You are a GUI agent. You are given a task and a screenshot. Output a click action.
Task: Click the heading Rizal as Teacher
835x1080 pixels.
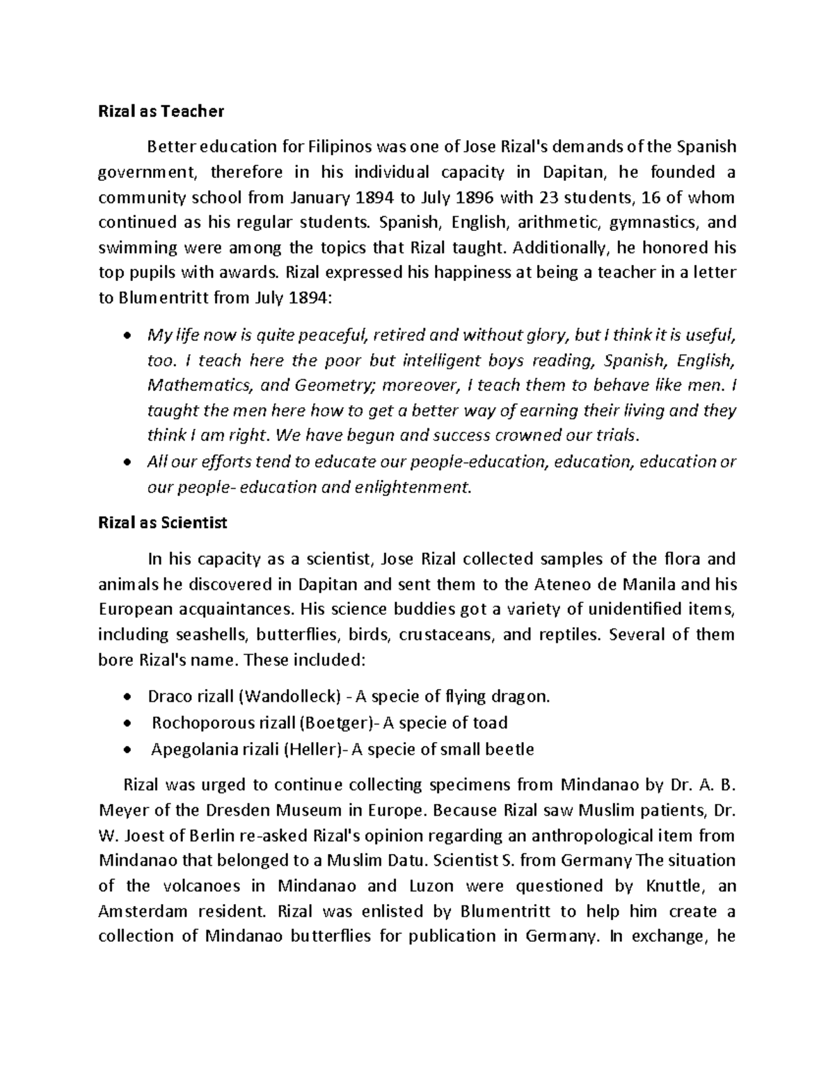point(161,111)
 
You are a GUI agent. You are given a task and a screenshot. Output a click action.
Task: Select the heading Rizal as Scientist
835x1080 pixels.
point(163,523)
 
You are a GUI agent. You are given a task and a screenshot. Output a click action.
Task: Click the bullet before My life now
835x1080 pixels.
point(125,337)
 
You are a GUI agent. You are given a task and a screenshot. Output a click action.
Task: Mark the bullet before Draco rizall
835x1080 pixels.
point(125,698)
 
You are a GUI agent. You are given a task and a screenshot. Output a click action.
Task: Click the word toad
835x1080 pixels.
point(491,723)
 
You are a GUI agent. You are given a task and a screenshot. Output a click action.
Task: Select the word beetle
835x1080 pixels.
point(511,750)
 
